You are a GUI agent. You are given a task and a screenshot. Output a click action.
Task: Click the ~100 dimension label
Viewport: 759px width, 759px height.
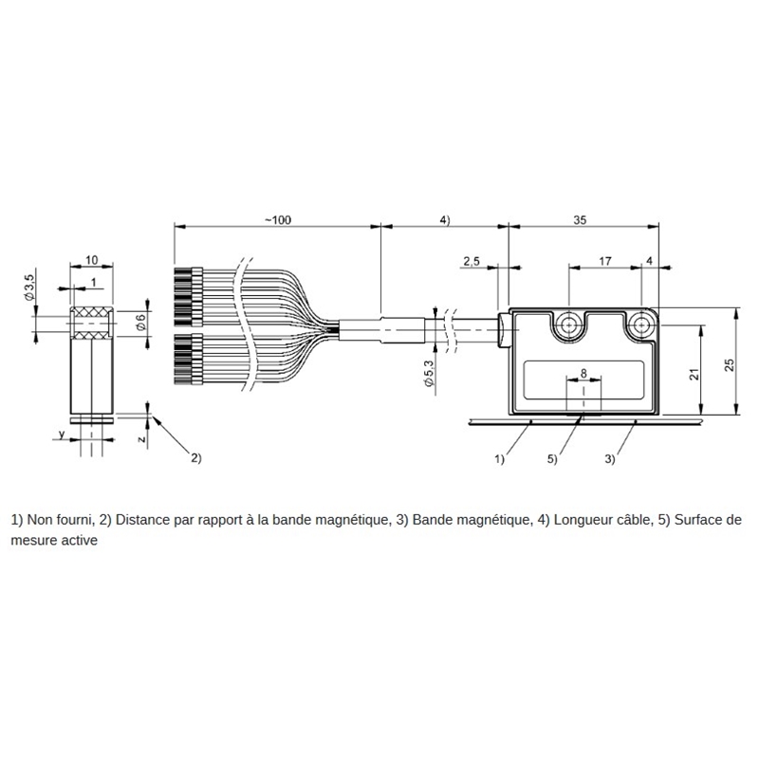278,220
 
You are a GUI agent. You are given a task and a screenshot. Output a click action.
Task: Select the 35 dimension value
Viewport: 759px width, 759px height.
580,220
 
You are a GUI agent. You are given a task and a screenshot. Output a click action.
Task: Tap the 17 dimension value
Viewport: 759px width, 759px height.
605,262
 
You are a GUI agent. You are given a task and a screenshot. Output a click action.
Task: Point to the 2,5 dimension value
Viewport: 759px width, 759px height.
471,262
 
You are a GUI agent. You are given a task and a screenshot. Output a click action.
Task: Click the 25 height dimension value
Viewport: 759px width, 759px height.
729,364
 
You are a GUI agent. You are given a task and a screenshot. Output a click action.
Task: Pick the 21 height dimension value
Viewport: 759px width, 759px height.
694,374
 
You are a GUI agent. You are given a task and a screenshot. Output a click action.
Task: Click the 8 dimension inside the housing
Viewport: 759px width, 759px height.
583,373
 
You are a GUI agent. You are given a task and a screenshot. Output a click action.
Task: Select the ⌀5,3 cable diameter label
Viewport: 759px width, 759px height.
429,373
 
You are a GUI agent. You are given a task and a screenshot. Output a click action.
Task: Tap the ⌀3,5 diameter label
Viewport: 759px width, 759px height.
29,287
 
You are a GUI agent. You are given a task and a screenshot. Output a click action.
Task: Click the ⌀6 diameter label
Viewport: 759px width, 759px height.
140,322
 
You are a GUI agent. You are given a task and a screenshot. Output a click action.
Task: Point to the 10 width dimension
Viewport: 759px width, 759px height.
91,260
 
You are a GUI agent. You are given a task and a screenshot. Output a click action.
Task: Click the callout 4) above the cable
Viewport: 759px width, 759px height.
444,220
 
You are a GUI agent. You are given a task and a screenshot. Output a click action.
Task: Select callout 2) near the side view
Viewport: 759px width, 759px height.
195,458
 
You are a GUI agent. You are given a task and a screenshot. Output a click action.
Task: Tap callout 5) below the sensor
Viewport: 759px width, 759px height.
552,459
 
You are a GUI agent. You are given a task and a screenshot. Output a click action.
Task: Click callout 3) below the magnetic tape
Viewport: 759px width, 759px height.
609,459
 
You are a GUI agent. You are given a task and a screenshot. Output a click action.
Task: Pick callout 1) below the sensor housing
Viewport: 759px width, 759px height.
499,459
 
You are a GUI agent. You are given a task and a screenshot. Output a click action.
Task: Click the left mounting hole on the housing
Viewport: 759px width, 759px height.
568,325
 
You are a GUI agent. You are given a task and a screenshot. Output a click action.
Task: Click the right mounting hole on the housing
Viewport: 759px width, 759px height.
641,325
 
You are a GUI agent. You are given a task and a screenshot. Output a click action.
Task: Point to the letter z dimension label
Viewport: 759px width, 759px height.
141,439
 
